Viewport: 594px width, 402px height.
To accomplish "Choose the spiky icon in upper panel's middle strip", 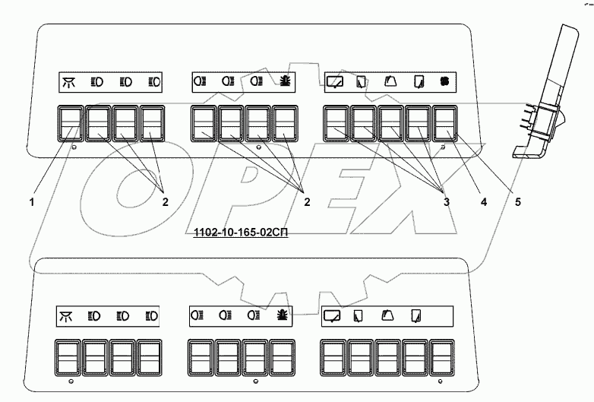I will coord(283,81).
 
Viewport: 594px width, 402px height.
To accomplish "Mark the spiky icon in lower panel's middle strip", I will coord(281,315).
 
